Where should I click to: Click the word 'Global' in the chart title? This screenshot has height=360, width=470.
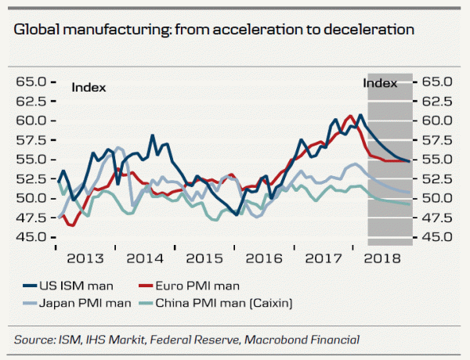coord(37,31)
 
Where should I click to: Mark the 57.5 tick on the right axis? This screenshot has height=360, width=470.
coord(437,140)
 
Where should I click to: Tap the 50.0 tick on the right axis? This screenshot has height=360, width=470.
coord(437,198)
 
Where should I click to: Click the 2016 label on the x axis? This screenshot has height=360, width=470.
coord(263,257)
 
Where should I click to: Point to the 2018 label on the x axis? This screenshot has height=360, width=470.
coord(383,257)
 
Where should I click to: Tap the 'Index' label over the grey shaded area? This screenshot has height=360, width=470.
coord(380,82)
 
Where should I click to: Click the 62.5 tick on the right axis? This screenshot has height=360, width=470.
coord(437,101)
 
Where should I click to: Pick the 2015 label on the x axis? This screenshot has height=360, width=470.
coord(205,257)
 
